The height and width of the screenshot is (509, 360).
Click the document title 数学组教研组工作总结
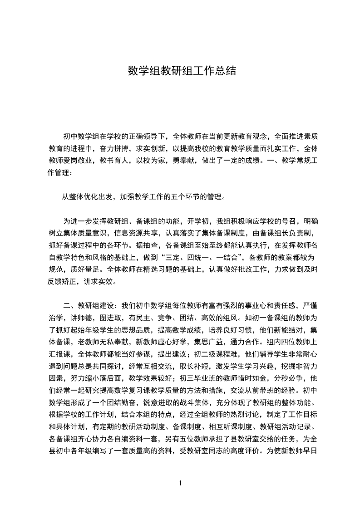[x=182, y=71]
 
